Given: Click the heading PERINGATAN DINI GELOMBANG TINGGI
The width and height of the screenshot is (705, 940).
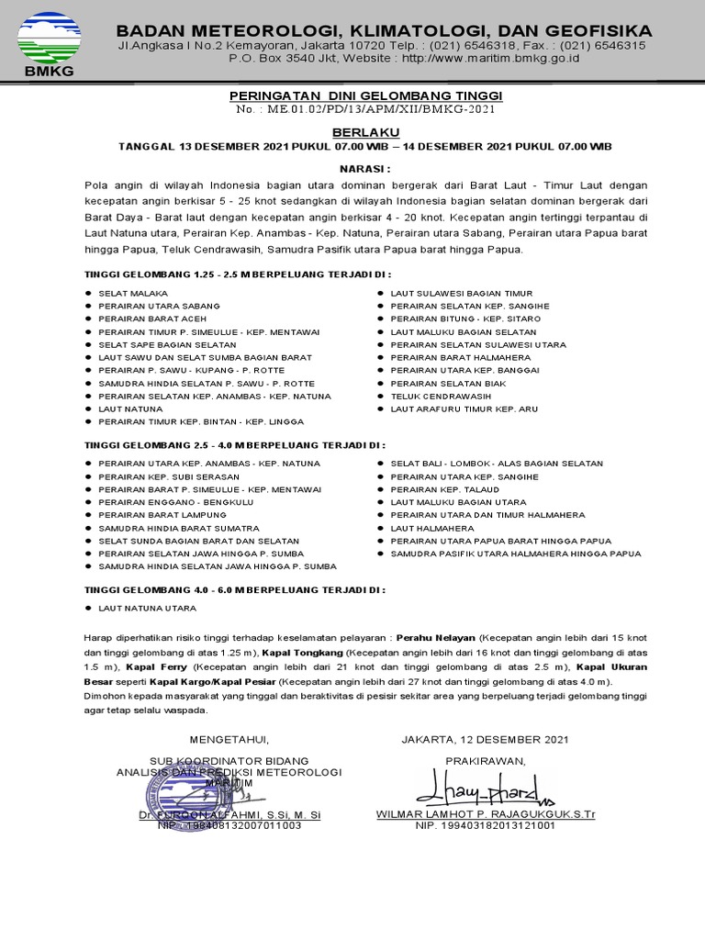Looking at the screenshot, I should (x=364, y=96).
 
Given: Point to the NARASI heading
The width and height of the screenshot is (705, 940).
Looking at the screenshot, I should (x=364, y=169).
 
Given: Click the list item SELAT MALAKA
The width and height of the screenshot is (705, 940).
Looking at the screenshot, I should (x=127, y=293).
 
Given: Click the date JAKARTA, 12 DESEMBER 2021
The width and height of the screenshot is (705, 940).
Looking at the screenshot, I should (x=485, y=739).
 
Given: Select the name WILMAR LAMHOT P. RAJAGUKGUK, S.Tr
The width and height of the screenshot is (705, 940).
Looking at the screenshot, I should (x=485, y=814).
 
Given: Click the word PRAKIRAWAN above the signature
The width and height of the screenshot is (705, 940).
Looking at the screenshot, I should (x=485, y=761).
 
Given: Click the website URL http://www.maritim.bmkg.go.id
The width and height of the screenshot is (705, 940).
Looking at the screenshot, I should (x=475, y=58).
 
